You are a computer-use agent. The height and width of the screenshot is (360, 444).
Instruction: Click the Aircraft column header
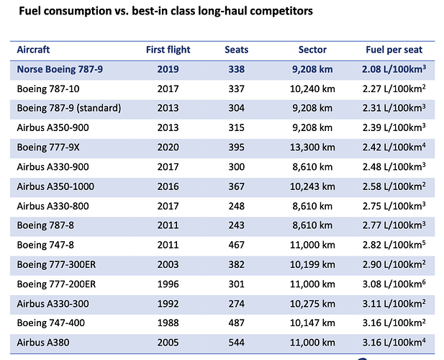pyautogui.click(x=33, y=50)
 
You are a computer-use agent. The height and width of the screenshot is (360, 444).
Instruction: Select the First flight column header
pyautogui.click(x=168, y=50)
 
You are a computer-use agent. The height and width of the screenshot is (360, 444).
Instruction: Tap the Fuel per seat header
pyautogui.click(x=394, y=50)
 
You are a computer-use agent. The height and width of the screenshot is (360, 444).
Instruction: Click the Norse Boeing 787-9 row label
pyautogui.click(x=60, y=69)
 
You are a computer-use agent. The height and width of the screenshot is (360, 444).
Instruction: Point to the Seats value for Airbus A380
pyautogui.click(x=237, y=343)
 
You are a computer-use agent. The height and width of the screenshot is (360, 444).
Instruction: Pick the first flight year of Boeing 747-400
pyautogui.click(x=168, y=323)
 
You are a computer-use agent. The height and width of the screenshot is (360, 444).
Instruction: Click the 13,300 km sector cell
pyautogui.click(x=312, y=148)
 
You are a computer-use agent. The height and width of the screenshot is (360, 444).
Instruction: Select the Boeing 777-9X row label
pyautogui.click(x=48, y=148)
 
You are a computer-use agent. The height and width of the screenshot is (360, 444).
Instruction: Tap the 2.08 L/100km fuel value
pyautogui.click(x=394, y=69)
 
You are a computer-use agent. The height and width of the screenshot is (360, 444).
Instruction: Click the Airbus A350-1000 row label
pyautogui.click(x=55, y=186)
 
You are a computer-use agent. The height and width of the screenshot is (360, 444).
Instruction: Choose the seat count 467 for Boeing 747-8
pyautogui.click(x=237, y=245)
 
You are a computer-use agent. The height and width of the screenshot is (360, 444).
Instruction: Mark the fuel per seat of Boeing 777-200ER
pyautogui.click(x=394, y=284)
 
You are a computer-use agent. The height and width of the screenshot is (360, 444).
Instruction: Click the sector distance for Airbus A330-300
pyautogui.click(x=312, y=304)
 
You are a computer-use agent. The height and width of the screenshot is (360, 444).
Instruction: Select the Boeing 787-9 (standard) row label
pyautogui.click(x=69, y=108)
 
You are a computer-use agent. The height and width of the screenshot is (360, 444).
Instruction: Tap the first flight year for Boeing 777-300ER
pyautogui.click(x=168, y=264)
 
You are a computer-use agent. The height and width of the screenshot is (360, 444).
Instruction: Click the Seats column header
pyautogui.click(x=237, y=50)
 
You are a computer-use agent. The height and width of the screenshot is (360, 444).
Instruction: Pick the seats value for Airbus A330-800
pyautogui.click(x=237, y=206)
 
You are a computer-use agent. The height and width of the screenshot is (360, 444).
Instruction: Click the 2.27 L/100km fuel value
pyautogui.click(x=394, y=89)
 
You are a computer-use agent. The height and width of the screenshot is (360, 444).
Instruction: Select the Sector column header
pyautogui.click(x=312, y=50)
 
